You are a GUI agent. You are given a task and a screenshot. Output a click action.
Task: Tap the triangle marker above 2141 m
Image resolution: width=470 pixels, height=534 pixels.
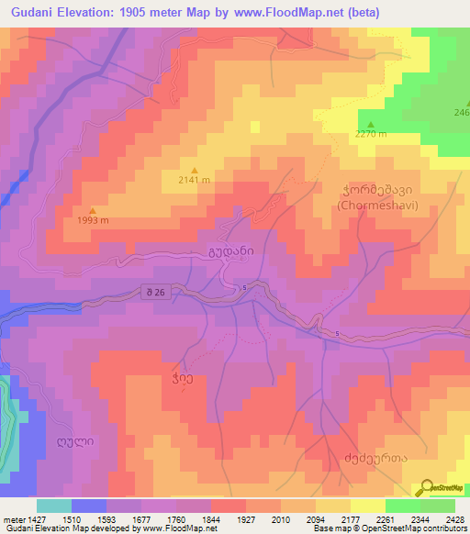pyautogui.click(x=194, y=169)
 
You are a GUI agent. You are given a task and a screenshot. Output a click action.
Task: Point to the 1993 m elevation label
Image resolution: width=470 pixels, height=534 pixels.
pyautogui.click(x=93, y=220)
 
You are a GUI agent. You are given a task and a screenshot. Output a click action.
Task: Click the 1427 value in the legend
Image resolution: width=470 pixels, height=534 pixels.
pyautogui.click(x=35, y=519)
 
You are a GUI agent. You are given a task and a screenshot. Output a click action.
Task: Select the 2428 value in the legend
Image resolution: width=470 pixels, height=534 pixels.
pyautogui.click(x=454, y=519)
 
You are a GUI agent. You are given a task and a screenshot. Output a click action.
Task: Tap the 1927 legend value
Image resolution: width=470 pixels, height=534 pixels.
pyautogui.click(x=246, y=519)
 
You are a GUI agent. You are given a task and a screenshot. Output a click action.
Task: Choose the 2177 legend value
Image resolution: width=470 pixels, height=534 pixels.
pyautogui.click(x=351, y=519)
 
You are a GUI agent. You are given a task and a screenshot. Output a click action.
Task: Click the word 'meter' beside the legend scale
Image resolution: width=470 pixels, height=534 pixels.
pyautogui.click(x=12, y=519)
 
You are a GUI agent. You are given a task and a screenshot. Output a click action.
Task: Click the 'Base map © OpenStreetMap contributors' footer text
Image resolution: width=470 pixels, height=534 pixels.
pyautogui.click(x=388, y=529)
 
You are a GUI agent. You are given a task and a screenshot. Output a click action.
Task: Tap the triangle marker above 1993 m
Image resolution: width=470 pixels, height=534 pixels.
pyautogui.click(x=93, y=210)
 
